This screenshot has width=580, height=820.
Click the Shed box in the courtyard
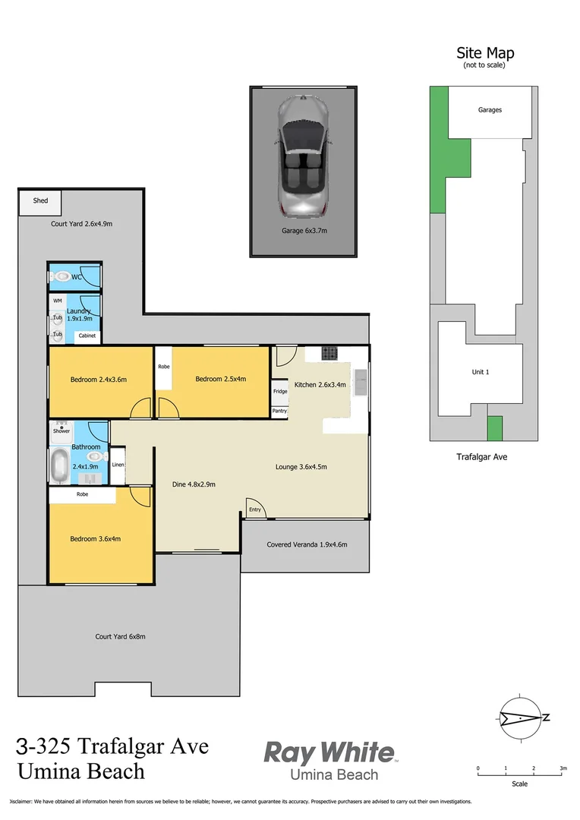[x=40, y=201]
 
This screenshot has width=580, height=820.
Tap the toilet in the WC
[x=60, y=277]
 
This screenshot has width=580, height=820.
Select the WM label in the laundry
[x=58, y=301]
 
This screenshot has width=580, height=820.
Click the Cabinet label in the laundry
[x=87, y=336]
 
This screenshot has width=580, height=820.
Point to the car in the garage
[x=304, y=156]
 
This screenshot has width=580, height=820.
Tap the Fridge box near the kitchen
[x=280, y=392]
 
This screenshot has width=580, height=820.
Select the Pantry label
[x=280, y=411]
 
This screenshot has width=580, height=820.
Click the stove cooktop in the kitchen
[x=329, y=353]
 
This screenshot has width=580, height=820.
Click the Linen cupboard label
[x=118, y=465]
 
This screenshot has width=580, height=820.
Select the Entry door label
[x=255, y=509]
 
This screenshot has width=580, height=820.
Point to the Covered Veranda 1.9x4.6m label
[x=307, y=544]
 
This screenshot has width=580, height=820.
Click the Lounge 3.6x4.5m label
[x=301, y=467]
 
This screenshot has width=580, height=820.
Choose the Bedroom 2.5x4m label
[x=220, y=380]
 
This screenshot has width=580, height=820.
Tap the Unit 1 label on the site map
[x=481, y=372]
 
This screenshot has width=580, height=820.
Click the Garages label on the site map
[x=490, y=110]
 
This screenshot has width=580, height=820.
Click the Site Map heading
[x=484, y=53]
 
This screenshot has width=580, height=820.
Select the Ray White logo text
[x=329, y=752]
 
